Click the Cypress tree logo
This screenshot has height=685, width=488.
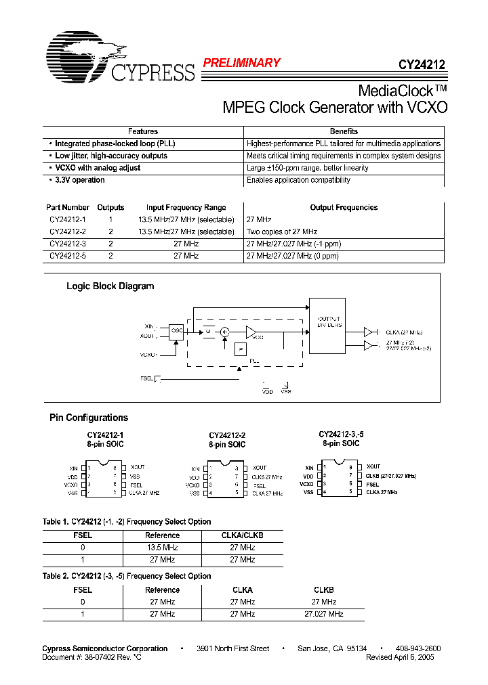(85, 54)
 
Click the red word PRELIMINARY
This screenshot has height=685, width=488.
(241, 63)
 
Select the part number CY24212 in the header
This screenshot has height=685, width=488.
(422, 66)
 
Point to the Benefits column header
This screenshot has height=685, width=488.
(344, 131)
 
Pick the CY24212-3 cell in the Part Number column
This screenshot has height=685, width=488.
(68, 244)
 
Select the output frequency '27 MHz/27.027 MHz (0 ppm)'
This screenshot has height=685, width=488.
(292, 257)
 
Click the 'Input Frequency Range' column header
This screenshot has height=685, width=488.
(186, 208)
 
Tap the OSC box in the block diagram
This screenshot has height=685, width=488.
(177, 330)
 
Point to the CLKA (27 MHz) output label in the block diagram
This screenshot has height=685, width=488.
(404, 332)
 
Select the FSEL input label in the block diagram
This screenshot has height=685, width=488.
(146, 378)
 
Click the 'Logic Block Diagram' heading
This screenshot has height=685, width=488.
(110, 286)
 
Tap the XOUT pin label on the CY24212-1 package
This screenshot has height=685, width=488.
(138, 468)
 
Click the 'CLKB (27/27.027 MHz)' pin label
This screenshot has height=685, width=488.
(391, 476)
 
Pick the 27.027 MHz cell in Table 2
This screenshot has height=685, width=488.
(323, 614)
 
